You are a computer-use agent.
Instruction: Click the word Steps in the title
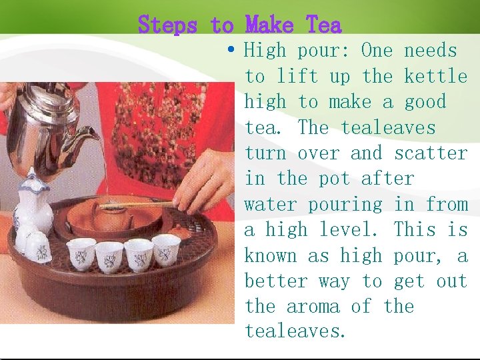pos(167,25)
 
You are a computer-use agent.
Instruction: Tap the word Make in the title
pos(269,24)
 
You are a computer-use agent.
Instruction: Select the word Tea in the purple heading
pos(323,24)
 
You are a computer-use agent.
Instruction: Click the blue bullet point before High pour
pos(231,49)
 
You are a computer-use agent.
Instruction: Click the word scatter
pos(431,153)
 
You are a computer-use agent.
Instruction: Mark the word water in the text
pos(271,205)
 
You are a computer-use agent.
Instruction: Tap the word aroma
pos(313,307)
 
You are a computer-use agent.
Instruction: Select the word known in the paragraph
pos(271,255)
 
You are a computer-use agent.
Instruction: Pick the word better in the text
pos(276,281)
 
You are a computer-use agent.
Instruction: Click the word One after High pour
pos(377,50)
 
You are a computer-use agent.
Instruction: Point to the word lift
pos(297,75)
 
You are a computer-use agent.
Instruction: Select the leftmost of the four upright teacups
pos(81,254)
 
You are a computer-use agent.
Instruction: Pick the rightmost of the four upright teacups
pos(166,250)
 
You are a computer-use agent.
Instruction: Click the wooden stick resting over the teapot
pos(136,205)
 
